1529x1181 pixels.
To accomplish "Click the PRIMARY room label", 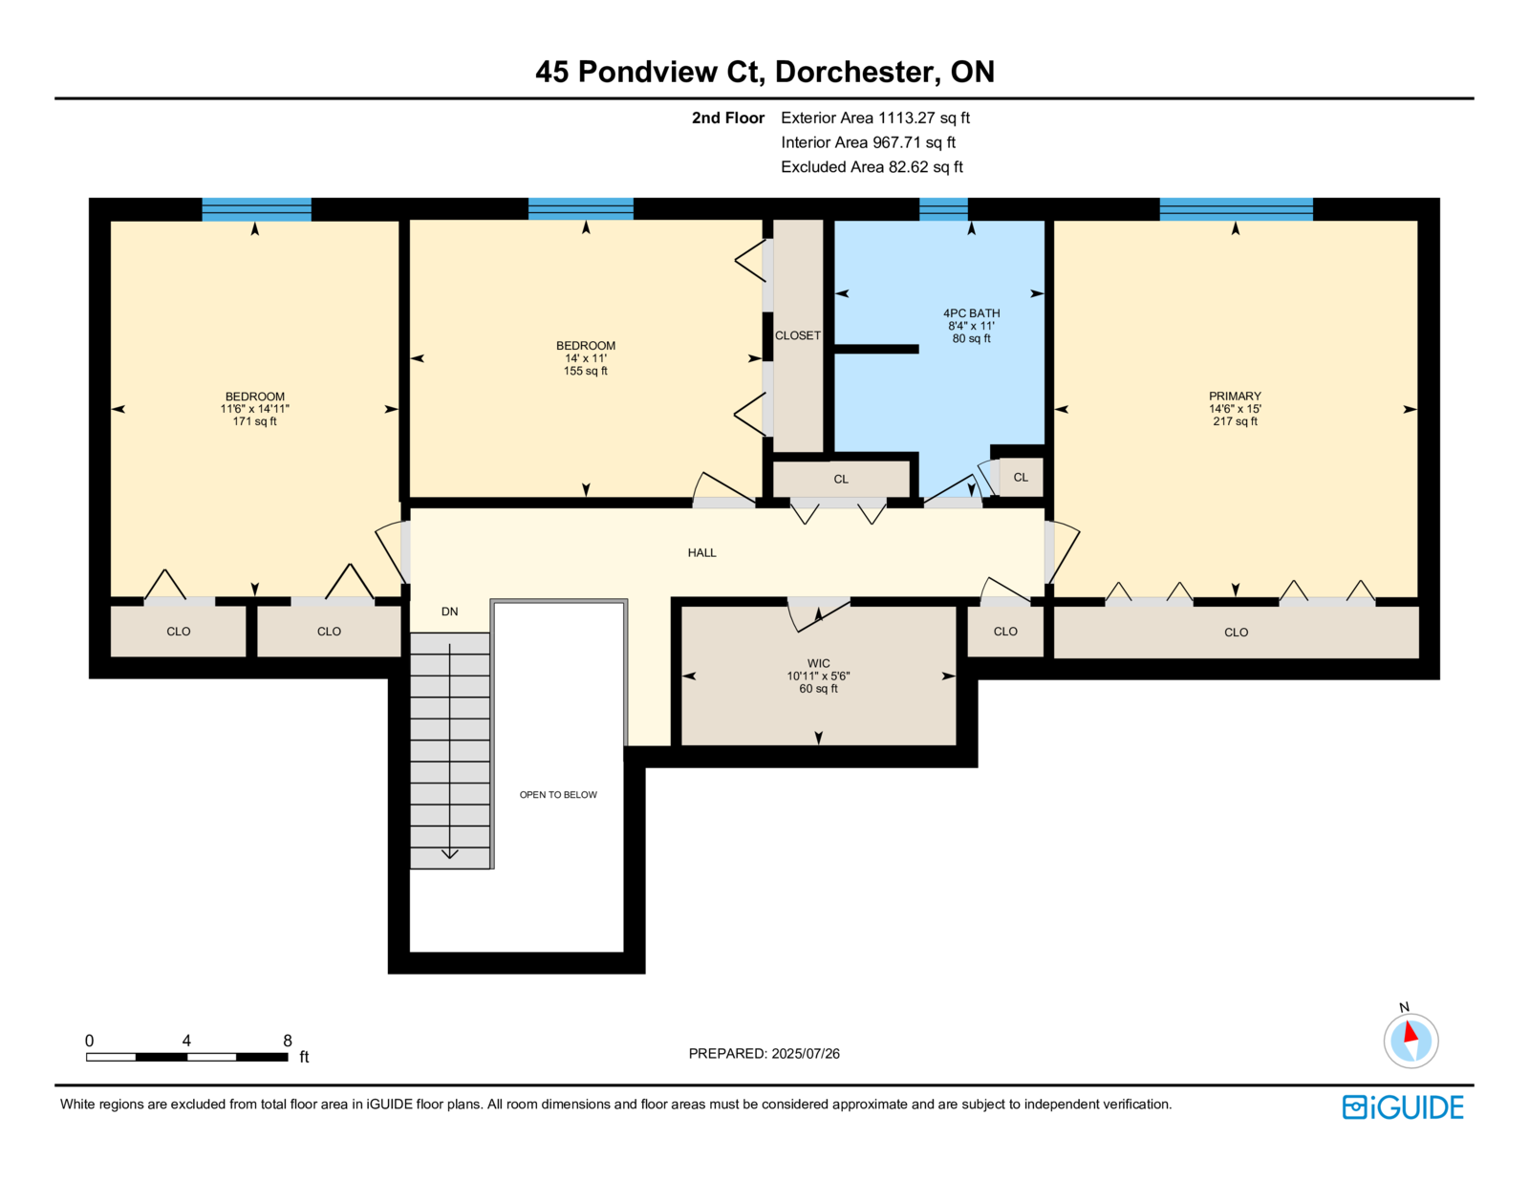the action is [1235, 396].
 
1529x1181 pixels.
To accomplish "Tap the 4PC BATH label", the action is [971, 313].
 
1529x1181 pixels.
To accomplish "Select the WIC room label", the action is [818, 663].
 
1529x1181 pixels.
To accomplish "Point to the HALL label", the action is [701, 553].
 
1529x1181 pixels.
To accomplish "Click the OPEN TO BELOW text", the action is [558, 795].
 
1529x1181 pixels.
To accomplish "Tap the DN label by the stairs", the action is [450, 612].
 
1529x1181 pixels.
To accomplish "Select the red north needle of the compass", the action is [1411, 1032].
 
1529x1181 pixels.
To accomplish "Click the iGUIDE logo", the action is [1402, 1107].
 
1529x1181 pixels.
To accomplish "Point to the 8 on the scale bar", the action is [287, 1041].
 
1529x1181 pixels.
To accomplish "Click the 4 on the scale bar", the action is [186, 1041].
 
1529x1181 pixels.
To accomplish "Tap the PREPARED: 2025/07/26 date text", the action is [764, 1054].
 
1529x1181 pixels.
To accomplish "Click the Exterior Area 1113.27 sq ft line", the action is [875, 118].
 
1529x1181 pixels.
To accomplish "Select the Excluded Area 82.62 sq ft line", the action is [872, 166].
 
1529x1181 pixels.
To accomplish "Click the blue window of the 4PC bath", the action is [943, 209].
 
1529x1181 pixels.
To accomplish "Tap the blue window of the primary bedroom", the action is [1237, 209].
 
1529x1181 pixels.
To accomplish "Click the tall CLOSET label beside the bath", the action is [798, 335].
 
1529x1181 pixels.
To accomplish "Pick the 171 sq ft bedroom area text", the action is [255, 421].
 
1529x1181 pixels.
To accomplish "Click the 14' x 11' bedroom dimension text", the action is [586, 358].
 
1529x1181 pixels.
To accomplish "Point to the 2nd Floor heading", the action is [727, 118].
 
